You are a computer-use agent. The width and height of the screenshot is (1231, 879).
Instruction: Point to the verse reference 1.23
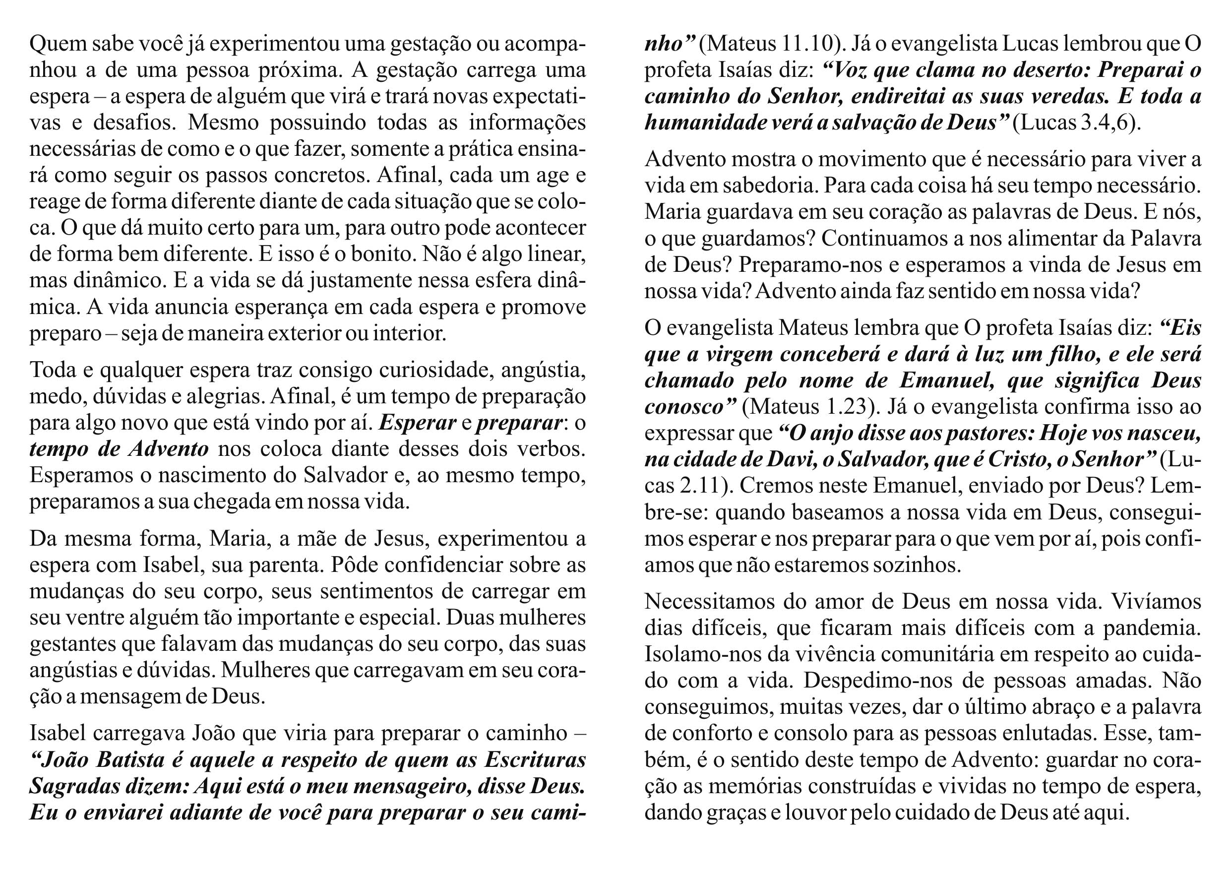[846, 406]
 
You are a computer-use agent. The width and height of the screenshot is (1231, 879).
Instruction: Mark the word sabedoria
[767, 186]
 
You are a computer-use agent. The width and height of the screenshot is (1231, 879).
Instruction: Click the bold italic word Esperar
[417, 423]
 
